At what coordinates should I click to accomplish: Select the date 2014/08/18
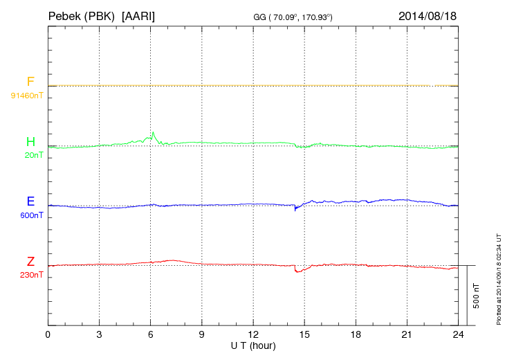point(428,15)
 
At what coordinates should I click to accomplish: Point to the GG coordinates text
point(293,16)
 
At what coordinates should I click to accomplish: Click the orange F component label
point(30,82)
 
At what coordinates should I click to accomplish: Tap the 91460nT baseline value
point(26,95)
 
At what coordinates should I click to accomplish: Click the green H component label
point(30,143)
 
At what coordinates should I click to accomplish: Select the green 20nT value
point(34,155)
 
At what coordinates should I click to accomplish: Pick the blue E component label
point(30,202)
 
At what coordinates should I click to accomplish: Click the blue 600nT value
point(32,215)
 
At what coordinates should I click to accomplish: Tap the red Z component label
point(30,262)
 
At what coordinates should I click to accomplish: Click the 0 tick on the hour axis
point(48,334)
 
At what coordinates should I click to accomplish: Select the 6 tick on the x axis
point(151,334)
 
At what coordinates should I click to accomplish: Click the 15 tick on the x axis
point(304,334)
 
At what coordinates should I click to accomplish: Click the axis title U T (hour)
point(253,345)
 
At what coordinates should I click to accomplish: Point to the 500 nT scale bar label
point(476,296)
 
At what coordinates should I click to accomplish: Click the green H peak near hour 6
point(153,133)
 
